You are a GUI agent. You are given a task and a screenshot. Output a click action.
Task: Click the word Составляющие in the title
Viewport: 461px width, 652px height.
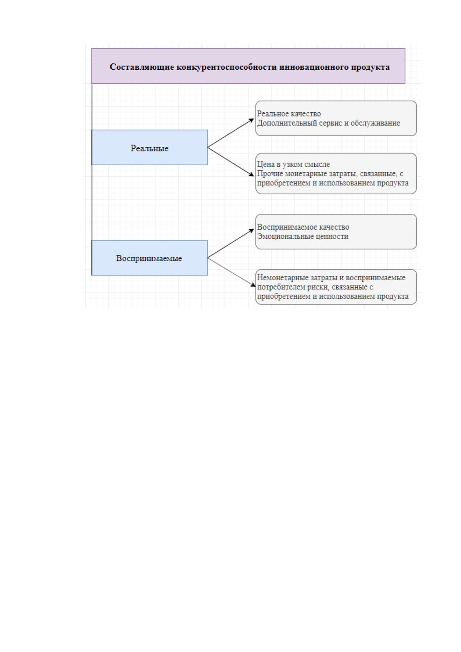(142, 67)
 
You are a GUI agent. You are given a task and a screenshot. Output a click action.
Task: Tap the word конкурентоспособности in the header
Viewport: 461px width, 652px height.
(227, 67)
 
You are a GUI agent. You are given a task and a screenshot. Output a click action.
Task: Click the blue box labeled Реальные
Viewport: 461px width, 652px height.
(149, 147)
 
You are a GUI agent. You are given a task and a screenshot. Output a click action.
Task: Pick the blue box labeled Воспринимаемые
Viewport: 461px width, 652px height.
(149, 257)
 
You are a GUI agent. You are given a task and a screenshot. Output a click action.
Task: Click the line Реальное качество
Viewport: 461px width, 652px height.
(289, 114)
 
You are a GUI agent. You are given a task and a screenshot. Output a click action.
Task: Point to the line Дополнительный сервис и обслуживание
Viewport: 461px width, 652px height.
(329, 123)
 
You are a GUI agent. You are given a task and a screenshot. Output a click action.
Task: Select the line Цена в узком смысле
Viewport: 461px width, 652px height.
(293, 165)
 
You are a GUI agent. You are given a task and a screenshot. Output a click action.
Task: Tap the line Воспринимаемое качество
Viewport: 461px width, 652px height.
(303, 227)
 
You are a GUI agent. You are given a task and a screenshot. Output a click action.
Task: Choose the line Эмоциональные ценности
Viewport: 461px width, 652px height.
(303, 236)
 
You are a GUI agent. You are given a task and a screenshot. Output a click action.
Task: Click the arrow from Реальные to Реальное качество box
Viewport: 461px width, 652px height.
(231, 133)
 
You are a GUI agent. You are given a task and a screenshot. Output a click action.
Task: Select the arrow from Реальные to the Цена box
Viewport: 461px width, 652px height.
(231, 161)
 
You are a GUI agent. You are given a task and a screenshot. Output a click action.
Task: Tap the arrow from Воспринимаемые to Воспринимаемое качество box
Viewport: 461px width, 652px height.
(231, 243)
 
